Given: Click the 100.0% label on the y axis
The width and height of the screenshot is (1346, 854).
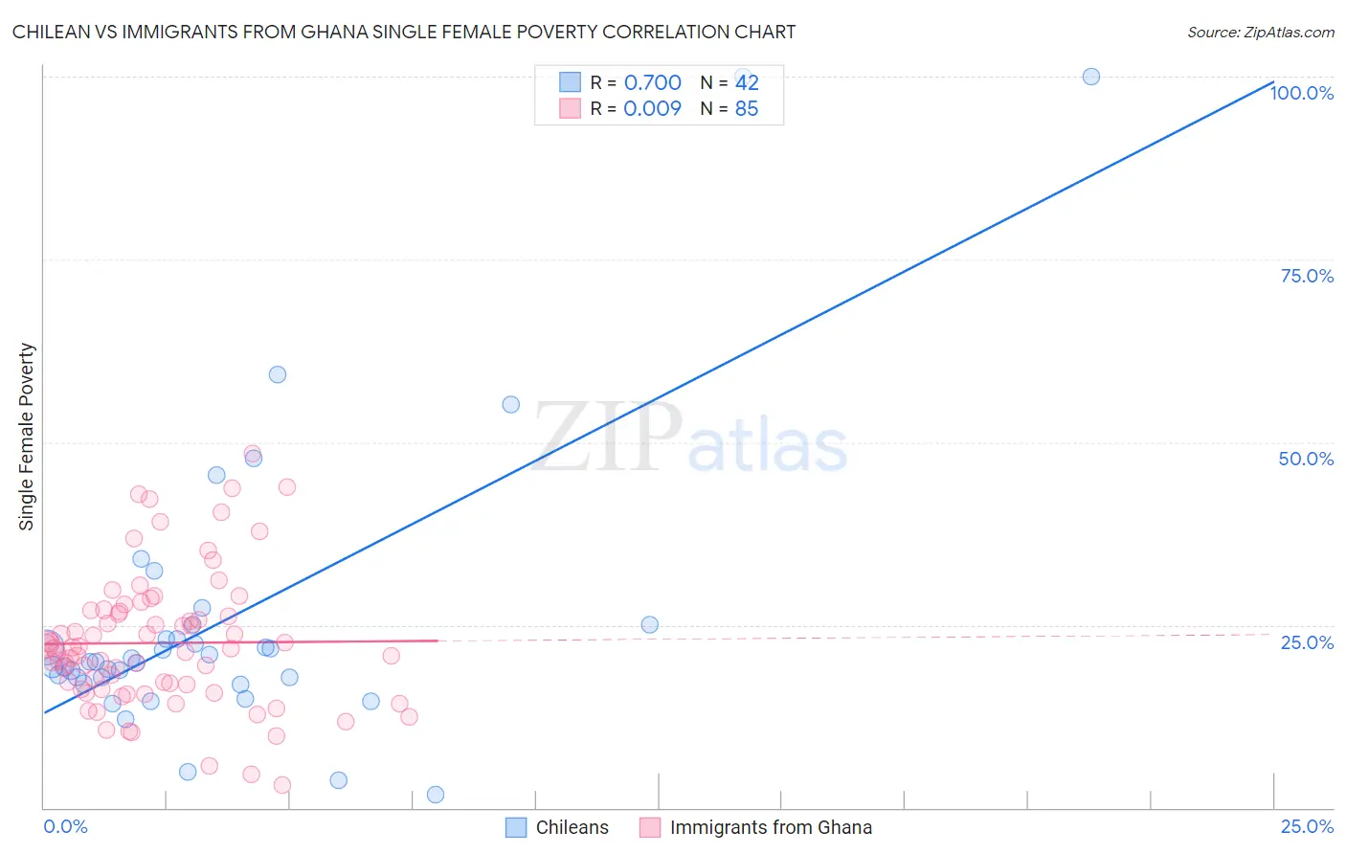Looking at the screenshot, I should tap(1301, 93).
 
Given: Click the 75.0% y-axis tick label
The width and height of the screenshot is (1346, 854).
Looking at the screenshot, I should tap(1307, 276).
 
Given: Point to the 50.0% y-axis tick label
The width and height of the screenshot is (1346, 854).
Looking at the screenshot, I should tap(1306, 459).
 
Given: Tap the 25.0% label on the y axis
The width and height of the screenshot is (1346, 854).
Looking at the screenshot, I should tap(1307, 642).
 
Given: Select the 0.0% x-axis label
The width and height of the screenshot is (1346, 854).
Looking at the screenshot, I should tap(65, 826).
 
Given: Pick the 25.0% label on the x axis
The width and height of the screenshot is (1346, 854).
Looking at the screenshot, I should tap(1307, 826).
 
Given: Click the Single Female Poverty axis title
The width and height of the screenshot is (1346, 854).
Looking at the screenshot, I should tap(27, 437).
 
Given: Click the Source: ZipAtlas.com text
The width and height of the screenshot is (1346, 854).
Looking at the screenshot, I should tap(1260, 33).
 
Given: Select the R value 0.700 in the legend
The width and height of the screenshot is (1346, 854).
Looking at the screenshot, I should tap(652, 83).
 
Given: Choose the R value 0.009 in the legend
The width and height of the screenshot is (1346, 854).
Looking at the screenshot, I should tap(652, 109).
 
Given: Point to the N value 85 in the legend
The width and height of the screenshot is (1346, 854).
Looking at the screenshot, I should tap(747, 109).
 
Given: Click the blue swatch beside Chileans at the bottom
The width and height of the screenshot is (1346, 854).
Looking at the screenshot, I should tap(516, 827).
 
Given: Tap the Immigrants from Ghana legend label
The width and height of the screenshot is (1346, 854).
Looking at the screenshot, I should tap(771, 827).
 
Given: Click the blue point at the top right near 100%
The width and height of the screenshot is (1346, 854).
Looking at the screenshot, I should tap(1090, 77).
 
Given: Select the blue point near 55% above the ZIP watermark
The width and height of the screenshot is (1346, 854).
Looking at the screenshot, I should tap(511, 405).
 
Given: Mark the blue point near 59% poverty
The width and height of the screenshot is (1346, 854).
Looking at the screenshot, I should tap(278, 374).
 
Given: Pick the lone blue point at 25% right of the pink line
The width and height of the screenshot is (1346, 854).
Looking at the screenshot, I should tap(649, 625).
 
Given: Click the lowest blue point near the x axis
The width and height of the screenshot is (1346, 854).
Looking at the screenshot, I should tap(436, 795).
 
